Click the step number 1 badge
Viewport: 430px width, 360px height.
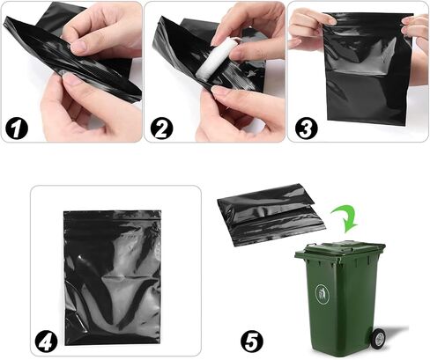(x=17, y=128)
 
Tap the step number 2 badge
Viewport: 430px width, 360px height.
(x=161, y=128)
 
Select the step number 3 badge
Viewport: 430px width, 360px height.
(x=307, y=128)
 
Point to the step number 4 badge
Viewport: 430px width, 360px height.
(x=47, y=342)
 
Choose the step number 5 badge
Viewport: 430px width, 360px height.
(x=252, y=342)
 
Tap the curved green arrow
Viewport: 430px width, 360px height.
(x=345, y=218)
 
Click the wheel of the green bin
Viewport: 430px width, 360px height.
(x=377, y=337)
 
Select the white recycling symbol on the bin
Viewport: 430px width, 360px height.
(x=322, y=293)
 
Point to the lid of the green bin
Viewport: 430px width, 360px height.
(x=341, y=249)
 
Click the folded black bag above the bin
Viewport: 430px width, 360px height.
(x=271, y=214)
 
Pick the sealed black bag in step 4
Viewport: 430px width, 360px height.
(x=113, y=277)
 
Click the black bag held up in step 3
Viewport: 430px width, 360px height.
(x=367, y=69)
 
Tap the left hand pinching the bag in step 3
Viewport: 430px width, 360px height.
(x=308, y=29)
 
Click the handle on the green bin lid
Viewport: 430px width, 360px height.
(x=310, y=246)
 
